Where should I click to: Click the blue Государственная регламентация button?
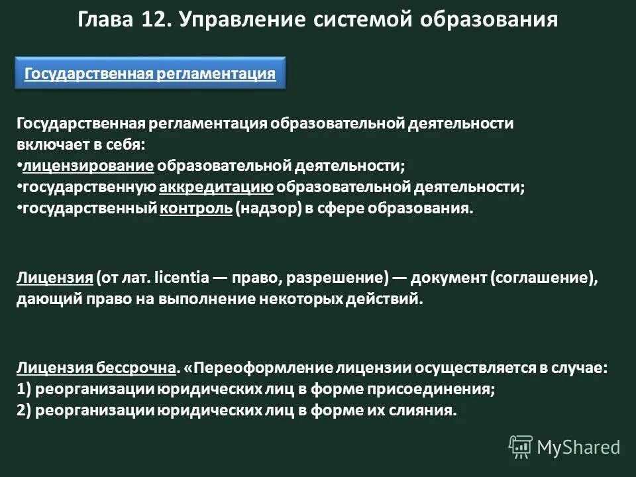tap(150, 73)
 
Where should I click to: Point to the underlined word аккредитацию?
tap(217, 187)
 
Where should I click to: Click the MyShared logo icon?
tap(520, 447)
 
